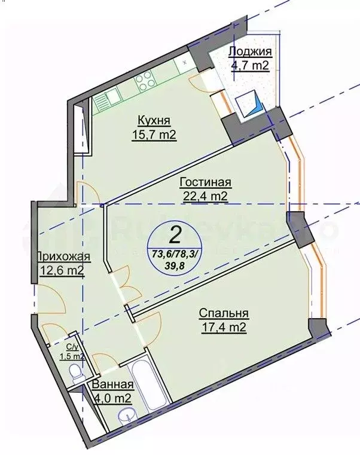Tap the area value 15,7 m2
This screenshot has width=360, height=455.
pos(154,135)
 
